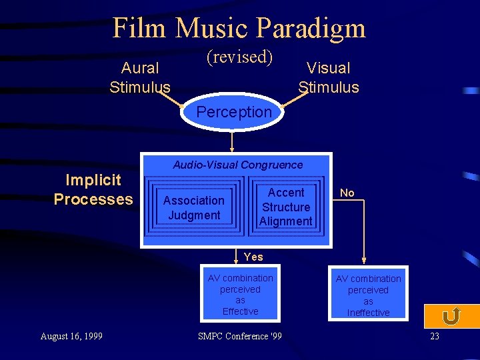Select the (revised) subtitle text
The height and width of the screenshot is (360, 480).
pos(240,57)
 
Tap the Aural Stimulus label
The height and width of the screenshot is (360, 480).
pos(140,77)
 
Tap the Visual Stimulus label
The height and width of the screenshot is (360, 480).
pos(328,77)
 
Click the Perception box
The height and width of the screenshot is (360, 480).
pos(234,112)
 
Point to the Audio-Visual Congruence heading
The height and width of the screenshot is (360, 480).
pos(237,165)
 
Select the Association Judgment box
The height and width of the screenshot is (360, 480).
pos(193,207)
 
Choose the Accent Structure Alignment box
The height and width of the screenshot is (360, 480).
pos(285,207)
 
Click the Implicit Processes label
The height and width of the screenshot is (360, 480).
pos(93,189)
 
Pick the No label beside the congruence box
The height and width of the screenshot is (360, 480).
pos(347,193)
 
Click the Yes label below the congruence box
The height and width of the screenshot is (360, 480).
pos(253,257)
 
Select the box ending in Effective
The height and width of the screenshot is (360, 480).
pos(240,294)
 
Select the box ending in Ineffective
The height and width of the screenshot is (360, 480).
pos(368,295)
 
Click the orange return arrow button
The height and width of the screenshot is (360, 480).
pos(451,317)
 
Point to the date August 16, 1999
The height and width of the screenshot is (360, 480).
pos(71,336)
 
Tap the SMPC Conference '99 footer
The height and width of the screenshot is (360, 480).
pos(240,336)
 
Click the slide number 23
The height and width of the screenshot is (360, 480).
pos(435,336)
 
